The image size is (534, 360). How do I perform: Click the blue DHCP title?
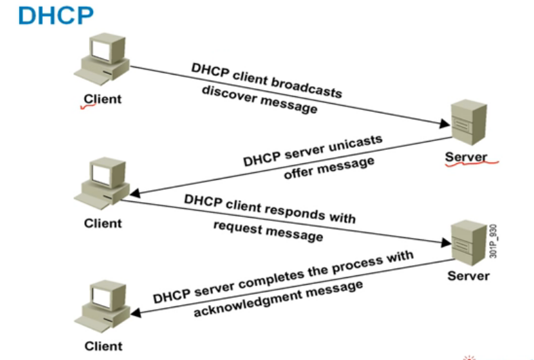pyautogui.click(x=46, y=15)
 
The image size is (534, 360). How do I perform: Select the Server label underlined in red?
pyautogui.click(x=466, y=157)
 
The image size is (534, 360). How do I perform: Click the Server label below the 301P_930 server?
pyautogui.click(x=468, y=277)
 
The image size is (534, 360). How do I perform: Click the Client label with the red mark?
pyautogui.click(x=102, y=99)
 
